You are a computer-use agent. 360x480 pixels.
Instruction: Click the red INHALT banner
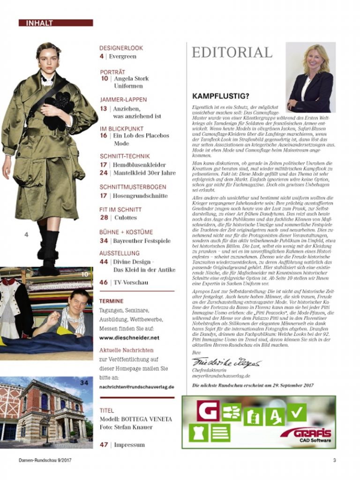click(x=56, y=22)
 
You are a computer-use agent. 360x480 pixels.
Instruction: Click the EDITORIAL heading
click(x=232, y=52)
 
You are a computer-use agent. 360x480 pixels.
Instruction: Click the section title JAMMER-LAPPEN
click(x=123, y=99)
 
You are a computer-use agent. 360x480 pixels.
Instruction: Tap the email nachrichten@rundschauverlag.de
click(x=136, y=387)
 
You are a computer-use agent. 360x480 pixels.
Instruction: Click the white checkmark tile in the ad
click(x=297, y=412)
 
